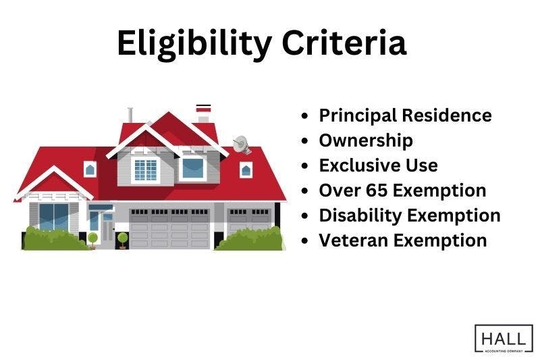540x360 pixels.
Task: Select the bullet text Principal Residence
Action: [x=405, y=115]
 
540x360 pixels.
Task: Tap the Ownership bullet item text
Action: [x=365, y=140]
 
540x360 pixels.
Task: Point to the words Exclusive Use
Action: [x=378, y=165]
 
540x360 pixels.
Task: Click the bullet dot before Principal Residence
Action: [x=306, y=116]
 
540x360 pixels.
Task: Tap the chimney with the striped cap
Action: [x=203, y=113]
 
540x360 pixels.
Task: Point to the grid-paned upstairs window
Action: [x=145, y=170]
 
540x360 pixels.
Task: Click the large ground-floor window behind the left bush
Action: [x=54, y=217]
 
